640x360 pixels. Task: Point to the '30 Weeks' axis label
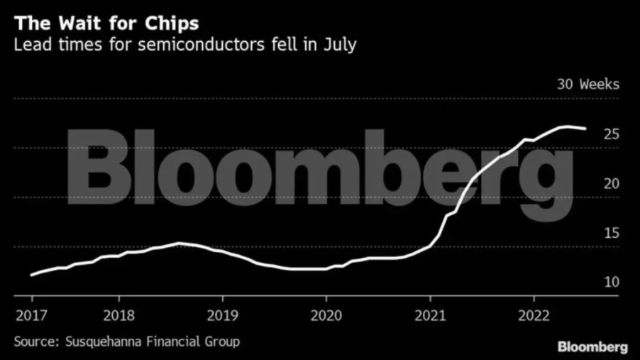pyautogui.click(x=588, y=84)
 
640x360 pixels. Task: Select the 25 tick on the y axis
pyautogui.click(x=611, y=134)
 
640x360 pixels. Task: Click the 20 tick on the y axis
pyautogui.click(x=611, y=183)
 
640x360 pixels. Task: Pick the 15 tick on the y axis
pyautogui.click(x=611, y=233)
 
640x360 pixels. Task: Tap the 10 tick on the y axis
pyautogui.click(x=611, y=282)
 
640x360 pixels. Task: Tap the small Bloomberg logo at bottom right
pyautogui.click(x=592, y=347)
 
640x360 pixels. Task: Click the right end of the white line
pyautogui.click(x=585, y=129)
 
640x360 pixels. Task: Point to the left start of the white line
pyautogui.click(x=31, y=274)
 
